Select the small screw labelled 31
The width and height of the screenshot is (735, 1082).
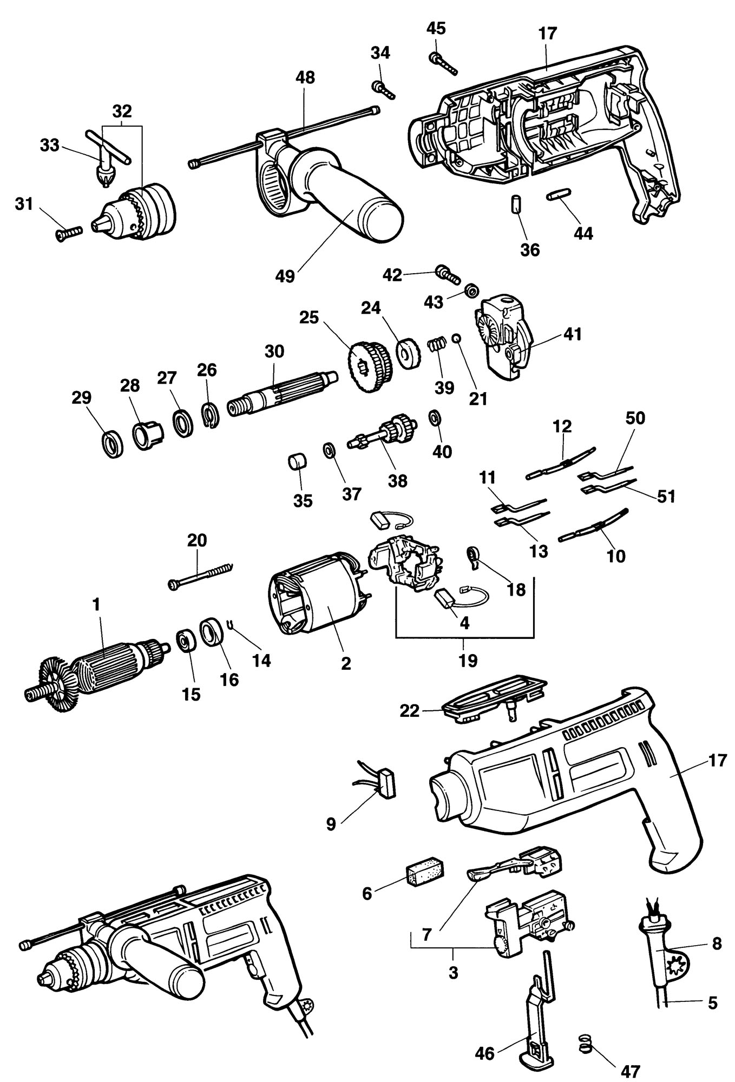point(68,232)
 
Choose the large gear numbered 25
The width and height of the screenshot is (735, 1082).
point(367,367)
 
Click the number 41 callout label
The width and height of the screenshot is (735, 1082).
point(572,334)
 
